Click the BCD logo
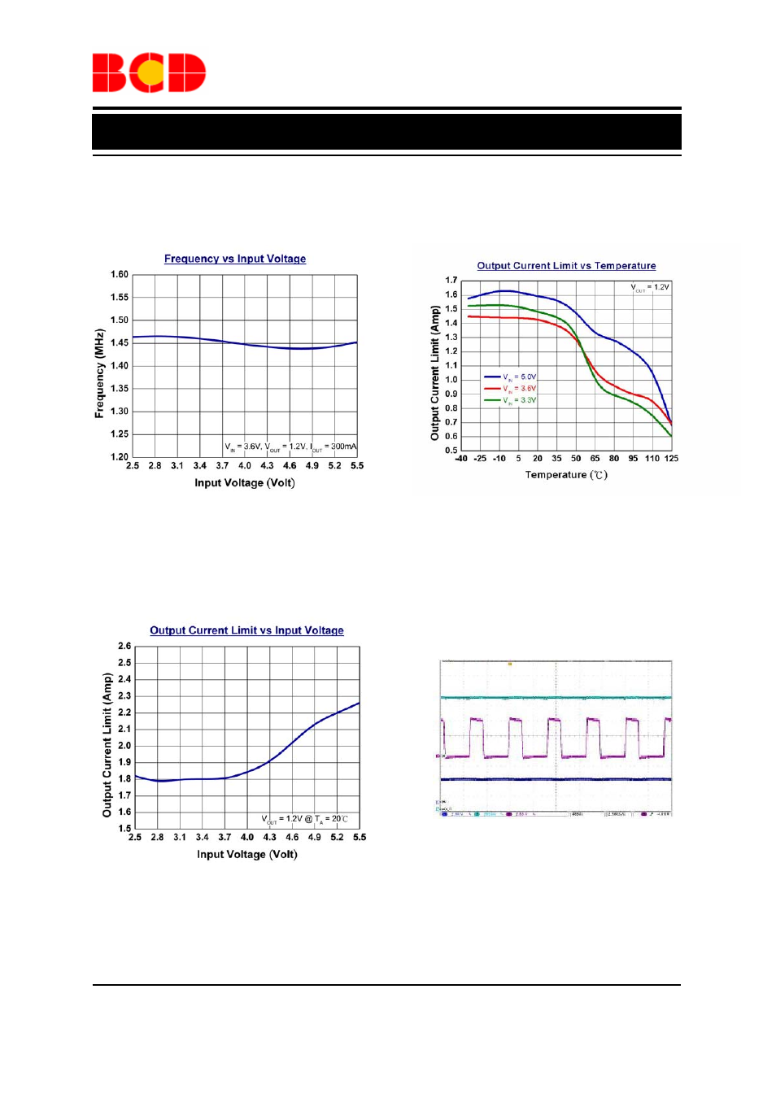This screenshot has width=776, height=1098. pos(149,73)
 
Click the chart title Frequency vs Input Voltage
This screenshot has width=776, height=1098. pos(235,259)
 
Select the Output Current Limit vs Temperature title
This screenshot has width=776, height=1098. pos(566,266)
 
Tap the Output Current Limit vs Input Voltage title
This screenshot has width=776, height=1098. pos(246,630)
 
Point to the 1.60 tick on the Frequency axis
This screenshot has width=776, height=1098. pos(120,275)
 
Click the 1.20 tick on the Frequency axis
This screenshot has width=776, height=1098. pos(120,457)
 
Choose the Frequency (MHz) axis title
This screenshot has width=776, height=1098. pos(99,373)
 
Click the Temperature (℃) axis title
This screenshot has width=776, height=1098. pos(566,475)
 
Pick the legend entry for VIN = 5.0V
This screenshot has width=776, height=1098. pos(511,377)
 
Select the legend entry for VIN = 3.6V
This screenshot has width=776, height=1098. pos(511,389)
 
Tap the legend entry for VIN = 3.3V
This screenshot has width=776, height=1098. pos(511,400)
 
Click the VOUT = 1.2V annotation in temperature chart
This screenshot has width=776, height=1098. pos(650,288)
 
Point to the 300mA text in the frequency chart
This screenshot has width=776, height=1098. pos(343,447)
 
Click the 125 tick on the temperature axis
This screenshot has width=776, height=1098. pos(671,459)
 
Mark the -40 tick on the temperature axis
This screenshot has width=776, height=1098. pos(460,459)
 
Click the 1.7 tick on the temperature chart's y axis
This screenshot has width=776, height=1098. pos(451,281)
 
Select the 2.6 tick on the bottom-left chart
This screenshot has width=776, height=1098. pos(124,647)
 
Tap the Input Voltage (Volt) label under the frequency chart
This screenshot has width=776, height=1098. pos(245,483)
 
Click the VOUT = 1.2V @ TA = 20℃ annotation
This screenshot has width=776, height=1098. pos(304,819)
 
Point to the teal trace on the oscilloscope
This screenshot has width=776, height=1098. pos(556,697)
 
